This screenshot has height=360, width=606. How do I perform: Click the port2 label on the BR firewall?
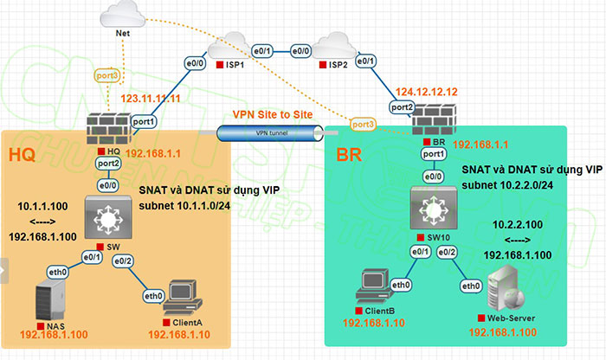pos(403,106)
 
